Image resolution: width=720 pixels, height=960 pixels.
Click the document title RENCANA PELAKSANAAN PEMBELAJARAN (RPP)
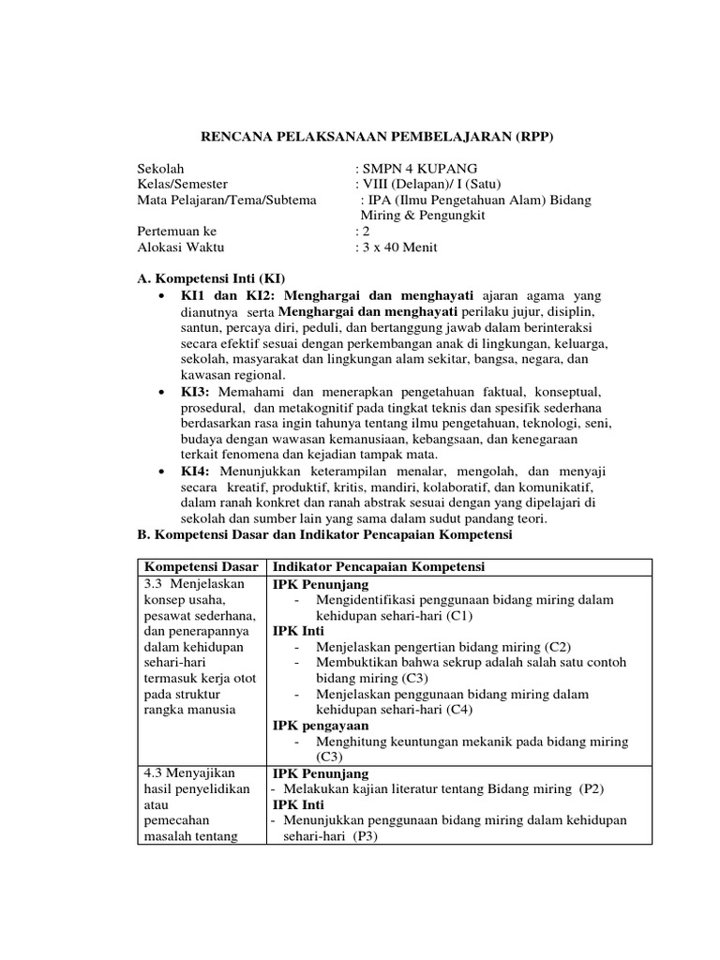[379, 137]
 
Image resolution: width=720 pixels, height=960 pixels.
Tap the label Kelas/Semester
[182, 184]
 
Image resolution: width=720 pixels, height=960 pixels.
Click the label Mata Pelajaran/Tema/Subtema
[227, 200]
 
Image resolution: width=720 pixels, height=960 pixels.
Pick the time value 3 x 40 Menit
[399, 247]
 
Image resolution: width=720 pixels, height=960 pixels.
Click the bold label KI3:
[196, 390]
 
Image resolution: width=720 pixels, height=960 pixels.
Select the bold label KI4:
[196, 471]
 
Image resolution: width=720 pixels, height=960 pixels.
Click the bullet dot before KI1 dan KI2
[163, 295]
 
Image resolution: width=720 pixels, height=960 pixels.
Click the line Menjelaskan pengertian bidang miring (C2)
[443, 647]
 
